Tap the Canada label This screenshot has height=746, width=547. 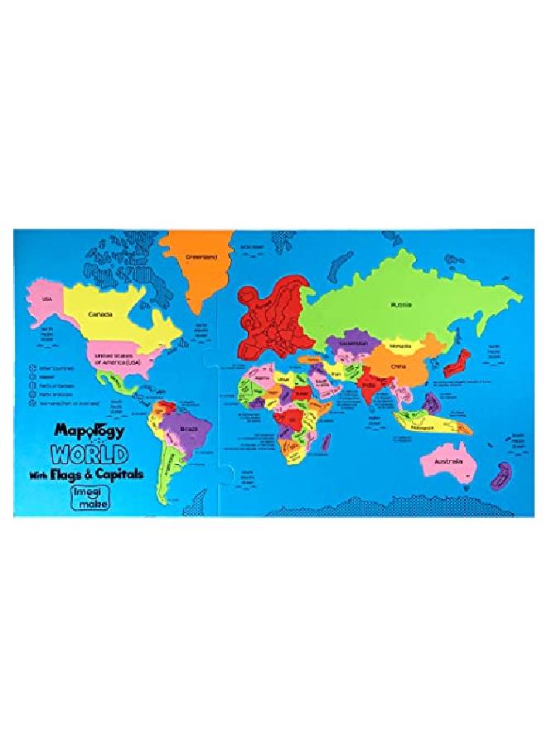(102, 314)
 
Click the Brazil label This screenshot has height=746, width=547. (188, 429)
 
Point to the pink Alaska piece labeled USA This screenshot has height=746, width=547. (46, 298)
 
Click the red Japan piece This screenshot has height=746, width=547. (457, 362)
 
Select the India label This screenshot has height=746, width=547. (366, 385)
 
